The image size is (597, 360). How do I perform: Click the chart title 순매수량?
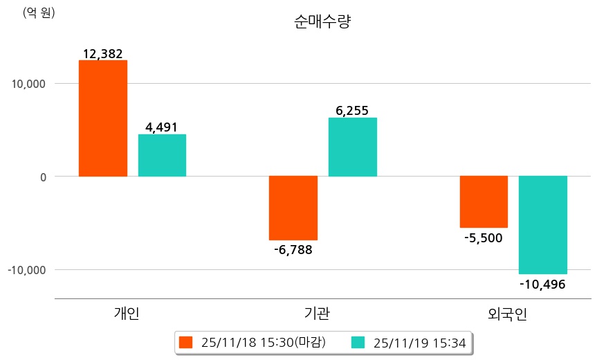click(x=322, y=21)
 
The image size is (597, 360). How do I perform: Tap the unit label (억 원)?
click(x=39, y=12)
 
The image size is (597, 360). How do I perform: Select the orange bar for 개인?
click(x=103, y=118)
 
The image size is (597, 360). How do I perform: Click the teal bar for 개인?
click(x=162, y=155)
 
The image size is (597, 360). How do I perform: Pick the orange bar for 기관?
click(x=293, y=208)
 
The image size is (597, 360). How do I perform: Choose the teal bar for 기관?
click(x=352, y=147)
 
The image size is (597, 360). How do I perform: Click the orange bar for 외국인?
click(x=484, y=201)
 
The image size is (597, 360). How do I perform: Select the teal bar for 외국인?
click(x=543, y=225)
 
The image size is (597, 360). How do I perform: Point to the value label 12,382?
click(x=102, y=53)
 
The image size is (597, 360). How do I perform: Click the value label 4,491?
click(x=162, y=127)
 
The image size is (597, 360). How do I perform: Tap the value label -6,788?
click(x=293, y=249)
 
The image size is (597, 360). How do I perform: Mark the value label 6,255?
click(x=352, y=111)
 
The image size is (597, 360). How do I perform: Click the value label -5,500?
click(x=484, y=237)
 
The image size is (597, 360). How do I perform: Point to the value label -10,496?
click(x=542, y=284)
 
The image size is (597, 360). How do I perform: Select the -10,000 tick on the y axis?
click(x=27, y=269)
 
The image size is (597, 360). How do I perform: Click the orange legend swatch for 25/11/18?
click(x=185, y=342)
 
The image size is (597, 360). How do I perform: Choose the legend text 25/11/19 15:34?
click(x=419, y=342)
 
